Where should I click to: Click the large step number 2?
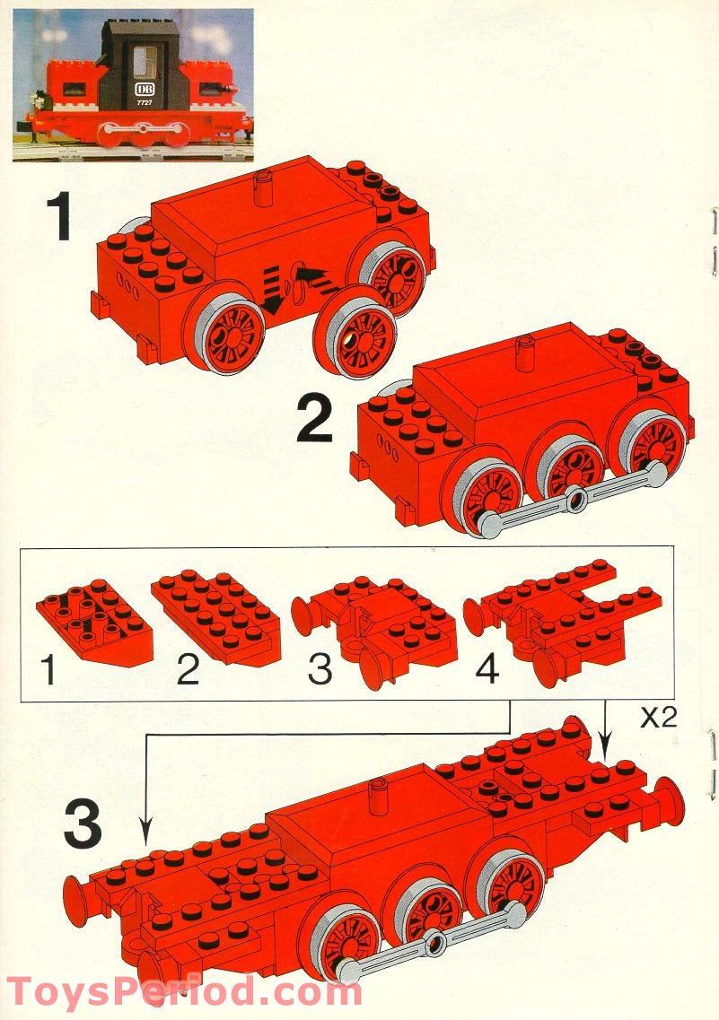(315, 420)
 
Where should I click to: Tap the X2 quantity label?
(659, 718)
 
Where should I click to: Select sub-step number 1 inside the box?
(48, 670)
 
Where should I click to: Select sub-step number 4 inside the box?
(487, 668)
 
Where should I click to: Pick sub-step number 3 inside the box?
(320, 669)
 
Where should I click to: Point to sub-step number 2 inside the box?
(188, 669)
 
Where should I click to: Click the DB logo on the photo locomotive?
(141, 89)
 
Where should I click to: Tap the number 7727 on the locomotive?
(144, 102)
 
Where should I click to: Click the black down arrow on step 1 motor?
(273, 291)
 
